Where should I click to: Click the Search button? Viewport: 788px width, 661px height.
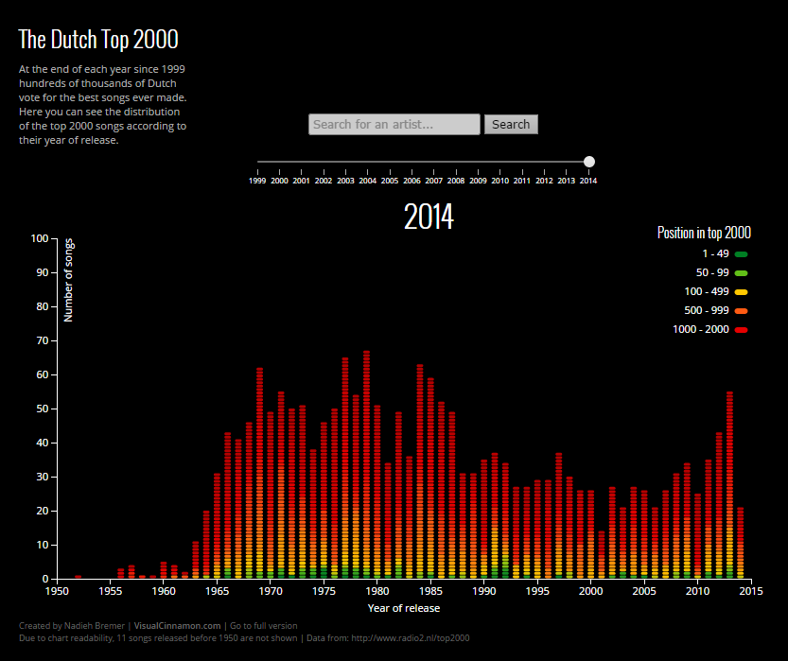511,124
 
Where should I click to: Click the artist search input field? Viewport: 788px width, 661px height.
394,124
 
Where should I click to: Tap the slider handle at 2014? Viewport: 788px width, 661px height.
589,162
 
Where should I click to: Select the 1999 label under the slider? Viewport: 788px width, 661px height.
257,180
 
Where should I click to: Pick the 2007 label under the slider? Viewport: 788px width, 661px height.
433,180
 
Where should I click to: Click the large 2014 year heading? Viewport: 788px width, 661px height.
429,217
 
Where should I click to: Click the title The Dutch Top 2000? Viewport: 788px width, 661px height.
98,39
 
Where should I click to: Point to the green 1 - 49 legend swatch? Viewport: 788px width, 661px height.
742,254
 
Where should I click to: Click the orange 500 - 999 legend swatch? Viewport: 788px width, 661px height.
742,311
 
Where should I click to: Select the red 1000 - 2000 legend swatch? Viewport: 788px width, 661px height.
742,330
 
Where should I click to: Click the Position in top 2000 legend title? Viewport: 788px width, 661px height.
704,233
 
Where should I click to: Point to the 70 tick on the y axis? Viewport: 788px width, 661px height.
39,340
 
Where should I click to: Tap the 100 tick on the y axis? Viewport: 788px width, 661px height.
39,238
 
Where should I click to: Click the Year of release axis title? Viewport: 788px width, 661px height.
403,608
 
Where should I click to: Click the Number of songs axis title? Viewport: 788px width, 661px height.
69,282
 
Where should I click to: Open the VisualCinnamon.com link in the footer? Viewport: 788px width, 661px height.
178,625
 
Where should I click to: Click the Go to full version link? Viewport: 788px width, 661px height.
263,625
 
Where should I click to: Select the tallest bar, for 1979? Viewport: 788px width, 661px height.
366,463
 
